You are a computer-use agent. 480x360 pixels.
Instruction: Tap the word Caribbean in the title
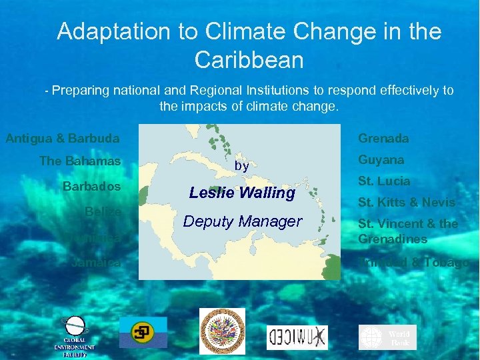pyautogui.click(x=249, y=60)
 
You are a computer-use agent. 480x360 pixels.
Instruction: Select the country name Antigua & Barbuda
pyautogui.click(x=63, y=139)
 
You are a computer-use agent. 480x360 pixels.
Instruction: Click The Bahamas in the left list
pyautogui.click(x=80, y=161)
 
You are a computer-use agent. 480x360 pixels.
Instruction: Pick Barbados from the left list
pyautogui.click(x=91, y=185)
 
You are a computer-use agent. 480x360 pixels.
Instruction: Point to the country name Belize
pyautogui.click(x=103, y=211)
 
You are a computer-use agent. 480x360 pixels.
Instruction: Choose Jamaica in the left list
pyautogui.click(x=96, y=263)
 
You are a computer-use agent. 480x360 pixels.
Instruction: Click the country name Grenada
pyautogui.click(x=383, y=139)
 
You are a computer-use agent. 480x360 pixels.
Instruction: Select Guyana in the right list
pyautogui.click(x=381, y=160)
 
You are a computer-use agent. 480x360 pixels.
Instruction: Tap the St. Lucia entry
pyautogui.click(x=384, y=181)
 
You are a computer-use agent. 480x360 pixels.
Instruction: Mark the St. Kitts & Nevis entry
pyautogui.click(x=406, y=202)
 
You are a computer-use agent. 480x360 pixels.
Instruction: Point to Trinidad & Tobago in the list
pyautogui.click(x=413, y=263)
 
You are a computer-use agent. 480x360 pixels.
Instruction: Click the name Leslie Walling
pyautogui.click(x=241, y=193)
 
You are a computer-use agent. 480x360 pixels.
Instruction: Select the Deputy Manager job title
pyautogui.click(x=242, y=221)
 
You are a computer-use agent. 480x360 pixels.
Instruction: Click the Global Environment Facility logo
pyautogui.click(x=74, y=335)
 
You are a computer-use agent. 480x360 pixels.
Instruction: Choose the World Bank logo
pyautogui.click(x=387, y=337)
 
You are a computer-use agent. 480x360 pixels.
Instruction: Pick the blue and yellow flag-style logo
pyautogui.click(x=143, y=332)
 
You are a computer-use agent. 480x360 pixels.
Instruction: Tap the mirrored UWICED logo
pyautogui.click(x=297, y=337)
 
